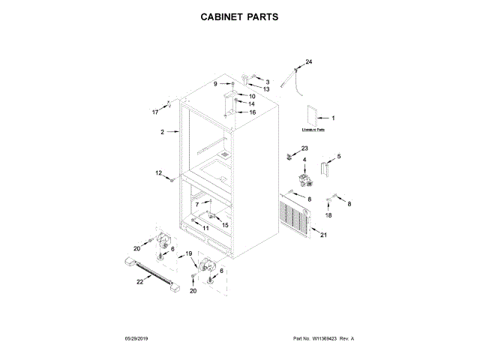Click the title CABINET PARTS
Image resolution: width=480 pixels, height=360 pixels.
tap(239, 16)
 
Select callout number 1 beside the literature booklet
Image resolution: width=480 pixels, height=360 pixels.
tap(333, 118)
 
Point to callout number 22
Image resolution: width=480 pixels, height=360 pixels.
tap(139, 282)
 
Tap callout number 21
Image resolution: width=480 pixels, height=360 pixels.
tap(324, 235)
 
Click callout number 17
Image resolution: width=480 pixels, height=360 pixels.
tap(156, 112)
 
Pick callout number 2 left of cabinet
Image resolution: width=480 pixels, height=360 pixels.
tap(162, 132)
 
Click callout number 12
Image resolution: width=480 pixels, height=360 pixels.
tap(158, 173)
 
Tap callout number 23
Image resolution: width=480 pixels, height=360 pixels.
tap(304, 148)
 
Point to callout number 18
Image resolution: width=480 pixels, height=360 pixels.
tap(327, 215)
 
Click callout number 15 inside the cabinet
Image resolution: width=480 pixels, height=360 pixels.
tap(225, 224)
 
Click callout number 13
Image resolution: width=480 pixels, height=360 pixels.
tap(266, 89)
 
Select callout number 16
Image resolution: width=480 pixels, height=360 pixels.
tap(253, 112)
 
